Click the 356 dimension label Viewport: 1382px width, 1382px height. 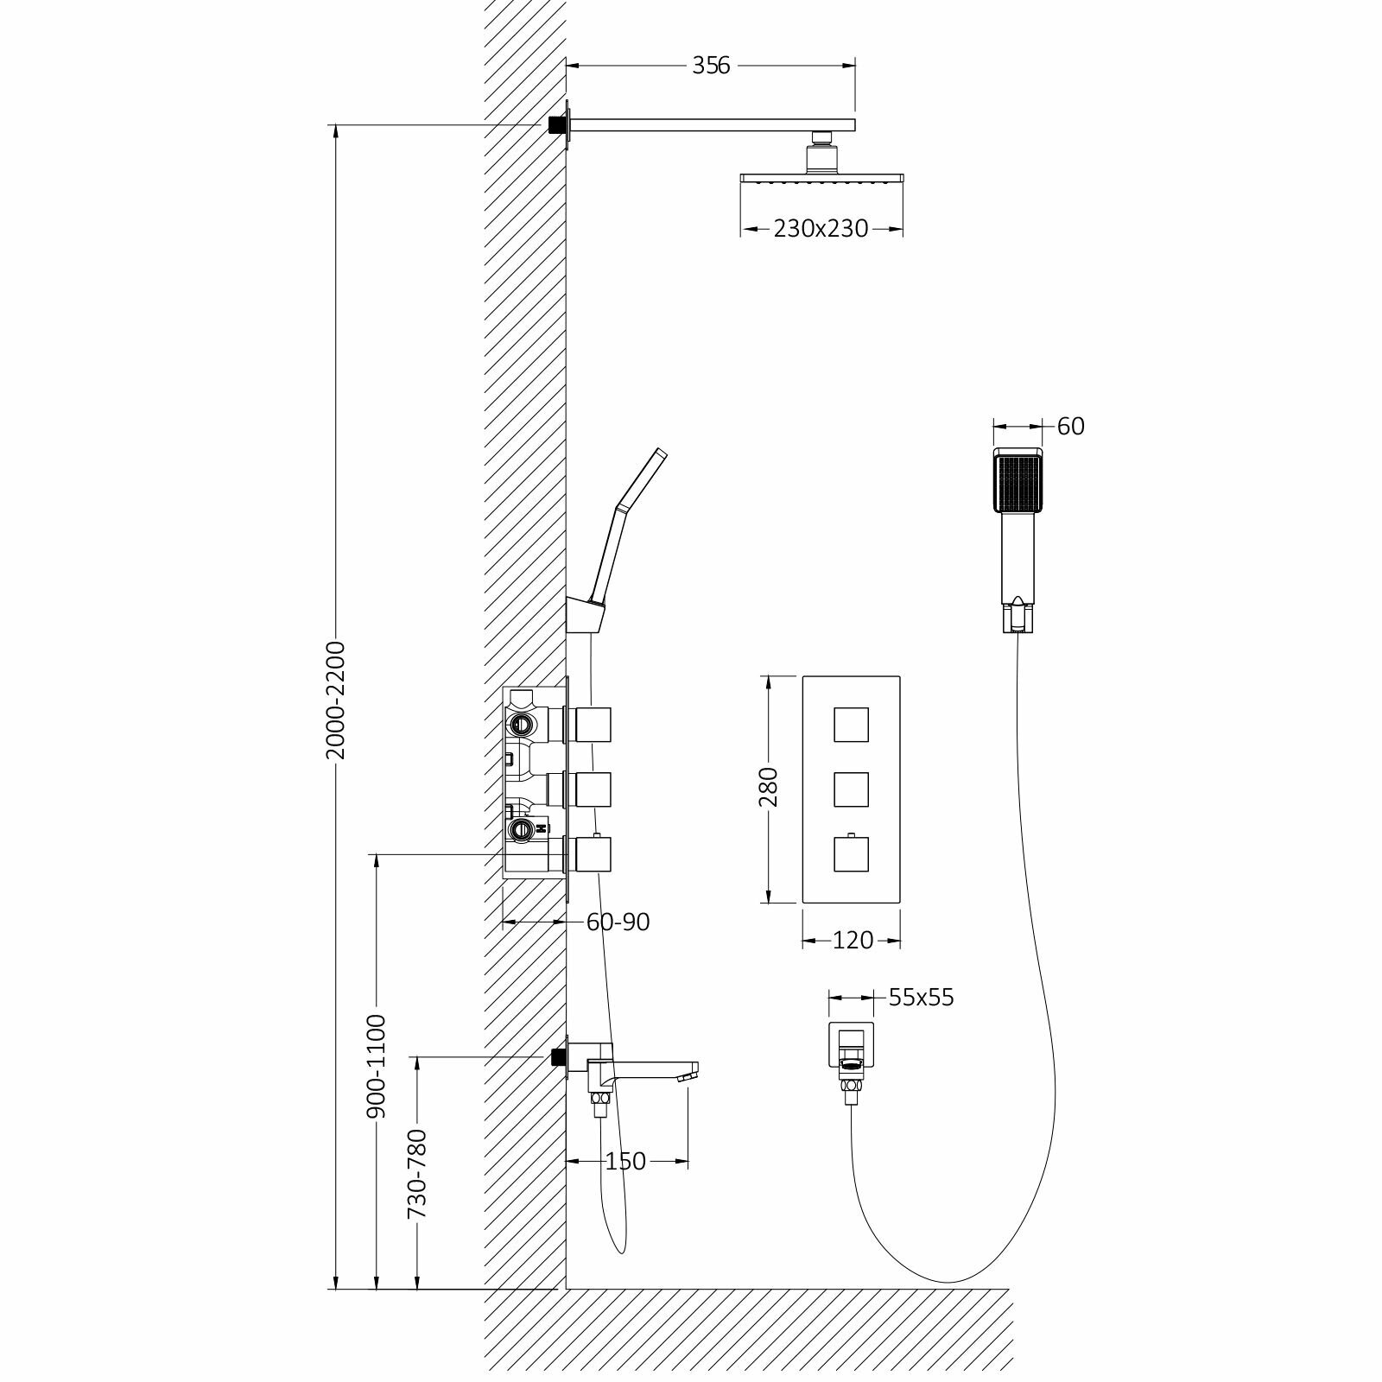click(711, 65)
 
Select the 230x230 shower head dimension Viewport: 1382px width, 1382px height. click(821, 229)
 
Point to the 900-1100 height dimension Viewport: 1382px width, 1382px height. click(377, 1068)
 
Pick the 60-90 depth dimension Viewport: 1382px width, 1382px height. click(618, 922)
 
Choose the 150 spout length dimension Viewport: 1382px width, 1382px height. click(625, 1161)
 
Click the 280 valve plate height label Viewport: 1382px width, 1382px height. click(768, 787)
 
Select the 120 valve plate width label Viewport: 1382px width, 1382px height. click(853, 940)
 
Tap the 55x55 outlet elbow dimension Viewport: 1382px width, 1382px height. click(921, 998)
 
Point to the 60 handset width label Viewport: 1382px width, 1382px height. click(1070, 426)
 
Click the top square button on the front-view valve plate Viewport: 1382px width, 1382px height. click(852, 724)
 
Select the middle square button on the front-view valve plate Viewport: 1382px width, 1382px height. click(852, 789)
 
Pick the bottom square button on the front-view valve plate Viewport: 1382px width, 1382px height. click(852, 854)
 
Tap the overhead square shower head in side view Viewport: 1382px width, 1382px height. click(821, 179)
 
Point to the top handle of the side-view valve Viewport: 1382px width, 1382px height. click(595, 724)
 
